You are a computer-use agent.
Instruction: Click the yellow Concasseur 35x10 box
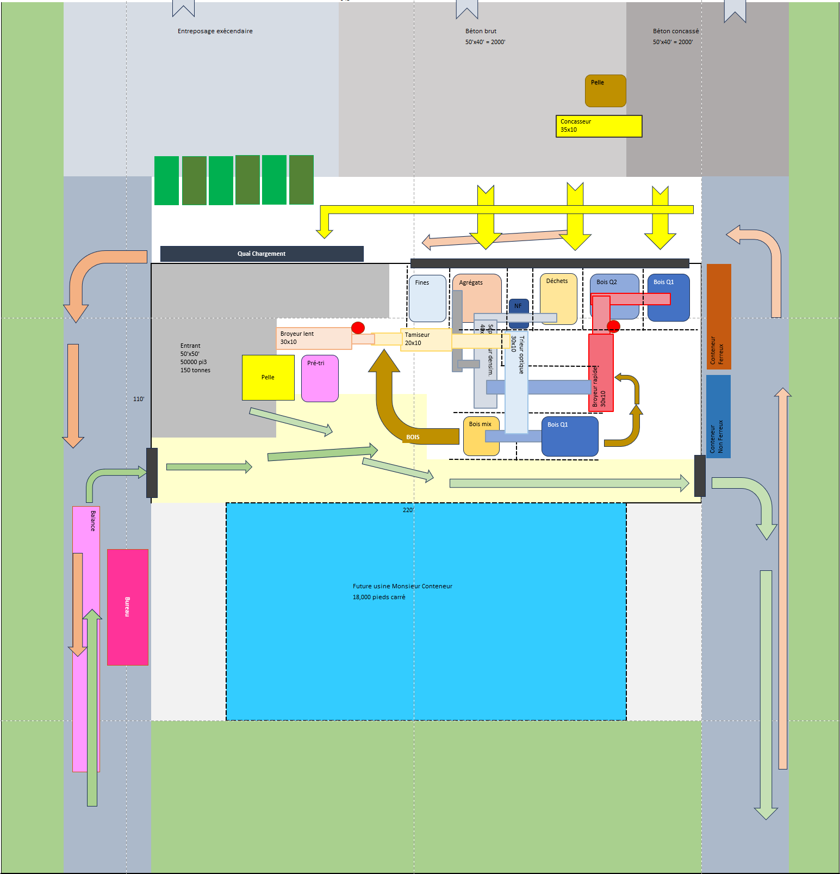(x=599, y=126)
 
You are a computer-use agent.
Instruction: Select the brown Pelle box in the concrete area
(x=605, y=91)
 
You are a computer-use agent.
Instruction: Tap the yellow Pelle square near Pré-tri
(x=268, y=378)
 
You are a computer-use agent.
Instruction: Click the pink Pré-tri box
(x=320, y=379)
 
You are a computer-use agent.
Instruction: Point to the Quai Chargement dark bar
(x=262, y=254)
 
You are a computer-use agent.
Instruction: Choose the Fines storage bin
(x=427, y=298)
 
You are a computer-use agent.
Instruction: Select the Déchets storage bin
(x=558, y=299)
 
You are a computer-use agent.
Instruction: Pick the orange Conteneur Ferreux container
(x=718, y=316)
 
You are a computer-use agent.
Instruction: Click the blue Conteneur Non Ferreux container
(x=718, y=416)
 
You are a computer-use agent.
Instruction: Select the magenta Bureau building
(x=128, y=607)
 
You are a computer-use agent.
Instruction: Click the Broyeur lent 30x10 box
(x=313, y=338)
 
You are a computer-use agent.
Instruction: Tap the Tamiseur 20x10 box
(x=426, y=339)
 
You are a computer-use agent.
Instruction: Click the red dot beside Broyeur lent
(x=358, y=328)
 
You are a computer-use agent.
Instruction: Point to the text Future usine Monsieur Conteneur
(x=402, y=586)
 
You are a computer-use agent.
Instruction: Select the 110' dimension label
(x=139, y=399)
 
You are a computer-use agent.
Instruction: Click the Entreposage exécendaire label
(x=215, y=31)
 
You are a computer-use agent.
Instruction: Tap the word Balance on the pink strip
(x=93, y=521)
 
